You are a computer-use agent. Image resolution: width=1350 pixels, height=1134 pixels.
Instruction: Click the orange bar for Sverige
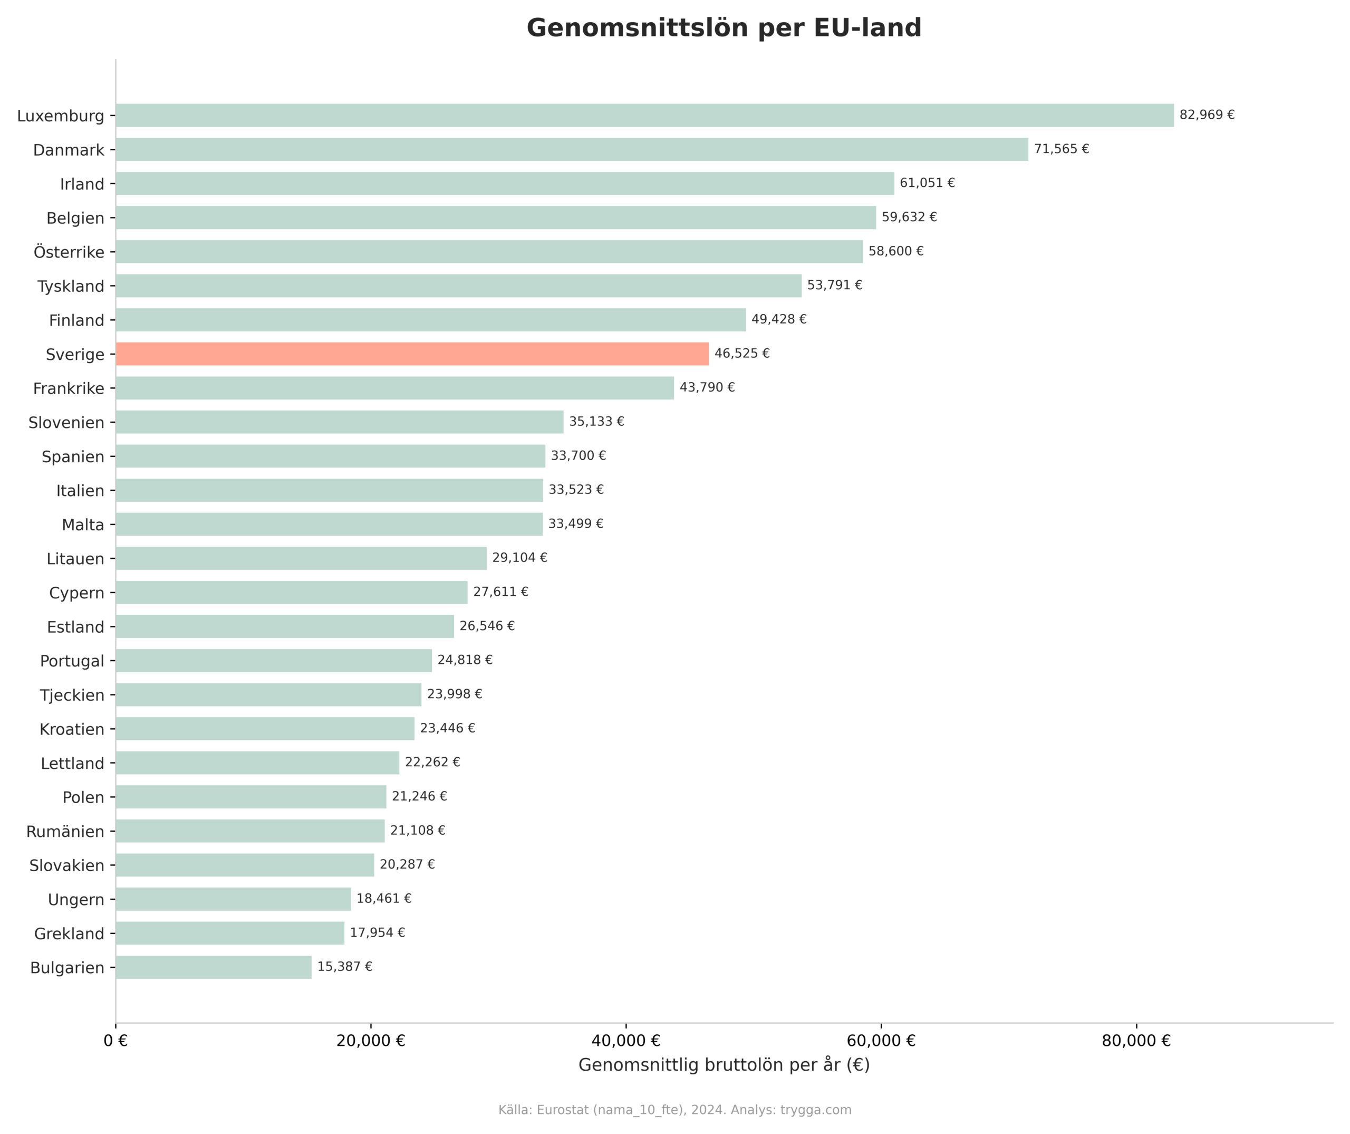pos(411,354)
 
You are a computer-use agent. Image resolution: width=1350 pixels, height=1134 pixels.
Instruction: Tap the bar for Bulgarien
pos(214,967)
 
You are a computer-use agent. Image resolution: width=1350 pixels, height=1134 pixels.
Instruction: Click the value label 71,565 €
pos(1062,149)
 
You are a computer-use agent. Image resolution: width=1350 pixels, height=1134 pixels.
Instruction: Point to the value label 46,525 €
pos(742,354)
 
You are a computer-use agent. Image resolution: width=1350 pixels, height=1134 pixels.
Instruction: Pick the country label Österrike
pos(69,252)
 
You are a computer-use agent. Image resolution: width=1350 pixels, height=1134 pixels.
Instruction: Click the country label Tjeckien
pos(72,695)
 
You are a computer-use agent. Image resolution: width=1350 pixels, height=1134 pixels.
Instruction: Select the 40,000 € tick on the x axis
pos(625,1041)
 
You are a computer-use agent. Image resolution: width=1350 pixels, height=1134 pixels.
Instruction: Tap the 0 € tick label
pos(115,1041)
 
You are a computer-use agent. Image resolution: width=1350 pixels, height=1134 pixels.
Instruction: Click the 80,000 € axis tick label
pos(1136,1041)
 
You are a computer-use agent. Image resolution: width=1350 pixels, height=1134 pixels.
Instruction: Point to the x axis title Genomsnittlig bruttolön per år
pos(724,1065)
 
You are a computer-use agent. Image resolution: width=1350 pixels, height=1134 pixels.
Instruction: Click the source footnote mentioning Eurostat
pos(674,1110)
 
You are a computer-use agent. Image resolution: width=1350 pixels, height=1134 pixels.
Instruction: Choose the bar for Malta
pos(329,524)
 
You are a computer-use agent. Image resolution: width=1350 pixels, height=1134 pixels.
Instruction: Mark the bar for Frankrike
pos(394,388)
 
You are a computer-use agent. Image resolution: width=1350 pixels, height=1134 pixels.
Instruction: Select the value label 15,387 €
pos(344,967)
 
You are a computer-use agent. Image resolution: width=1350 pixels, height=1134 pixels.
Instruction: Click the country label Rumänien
pos(65,832)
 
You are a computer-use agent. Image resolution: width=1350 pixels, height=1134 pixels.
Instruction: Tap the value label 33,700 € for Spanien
pos(578,456)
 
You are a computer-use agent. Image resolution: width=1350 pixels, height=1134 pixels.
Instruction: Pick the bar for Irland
pos(505,183)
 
